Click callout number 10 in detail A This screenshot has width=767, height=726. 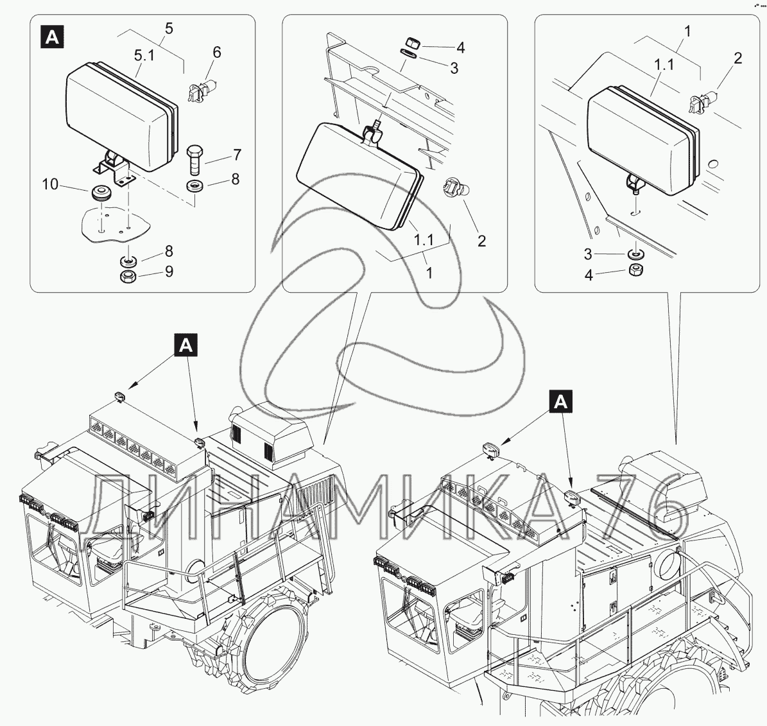click(50, 184)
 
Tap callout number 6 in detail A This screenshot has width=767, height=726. click(217, 52)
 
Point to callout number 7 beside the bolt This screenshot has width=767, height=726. click(237, 155)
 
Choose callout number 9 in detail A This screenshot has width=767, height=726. click(169, 272)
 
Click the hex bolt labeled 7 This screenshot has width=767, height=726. click(194, 159)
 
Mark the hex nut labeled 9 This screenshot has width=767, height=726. click(128, 276)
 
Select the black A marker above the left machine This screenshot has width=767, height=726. click(186, 345)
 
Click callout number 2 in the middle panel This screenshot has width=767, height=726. click(482, 241)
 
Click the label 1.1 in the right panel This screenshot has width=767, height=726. click(664, 64)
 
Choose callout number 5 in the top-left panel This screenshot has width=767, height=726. click(169, 28)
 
